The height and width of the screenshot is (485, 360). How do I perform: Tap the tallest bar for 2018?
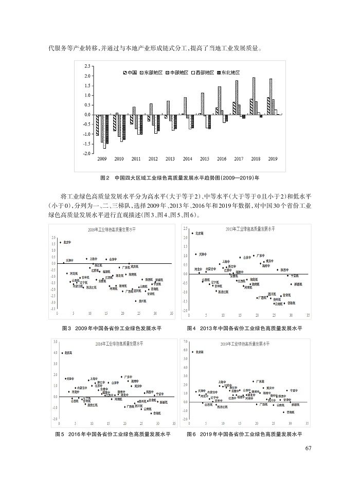[254, 96]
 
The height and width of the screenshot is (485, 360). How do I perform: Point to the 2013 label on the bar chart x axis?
[170, 159]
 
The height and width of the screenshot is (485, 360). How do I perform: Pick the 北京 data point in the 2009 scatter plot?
[60, 242]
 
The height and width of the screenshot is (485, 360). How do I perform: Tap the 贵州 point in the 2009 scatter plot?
[136, 300]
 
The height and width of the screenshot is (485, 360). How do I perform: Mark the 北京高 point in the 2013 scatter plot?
[192, 233]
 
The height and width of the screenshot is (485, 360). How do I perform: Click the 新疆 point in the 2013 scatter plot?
[290, 284]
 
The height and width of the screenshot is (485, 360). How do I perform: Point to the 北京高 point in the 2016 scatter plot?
[62, 353]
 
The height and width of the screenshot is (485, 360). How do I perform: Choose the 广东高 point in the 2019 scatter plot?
[254, 381]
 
